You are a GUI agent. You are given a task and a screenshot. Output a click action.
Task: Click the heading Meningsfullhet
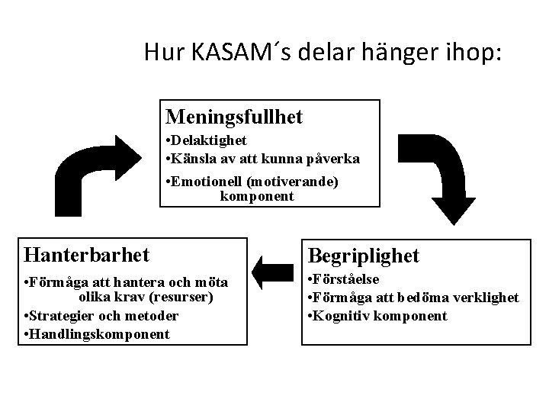point(234,117)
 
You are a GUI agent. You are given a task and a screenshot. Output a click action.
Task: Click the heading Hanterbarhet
point(86,253)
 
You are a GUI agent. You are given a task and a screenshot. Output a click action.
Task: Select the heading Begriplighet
point(363,256)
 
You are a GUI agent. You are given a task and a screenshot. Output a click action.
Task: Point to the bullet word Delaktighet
point(208,140)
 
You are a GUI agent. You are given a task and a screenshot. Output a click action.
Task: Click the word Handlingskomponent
point(99,334)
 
